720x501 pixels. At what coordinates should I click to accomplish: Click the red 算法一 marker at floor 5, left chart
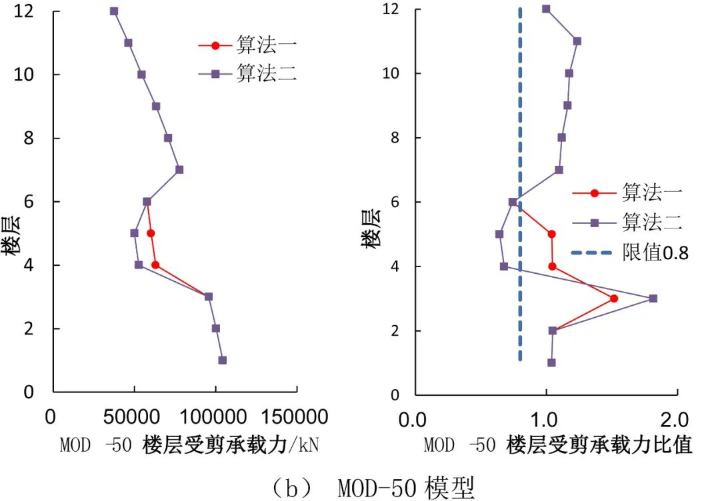point(151,233)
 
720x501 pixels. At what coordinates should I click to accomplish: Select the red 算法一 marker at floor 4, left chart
point(155,265)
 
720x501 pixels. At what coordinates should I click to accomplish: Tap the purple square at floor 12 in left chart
point(114,11)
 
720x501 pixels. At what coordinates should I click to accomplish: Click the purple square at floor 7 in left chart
point(179,170)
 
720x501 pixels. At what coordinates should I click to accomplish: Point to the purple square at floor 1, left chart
point(222,360)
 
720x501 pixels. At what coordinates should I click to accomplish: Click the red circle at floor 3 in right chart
point(614,298)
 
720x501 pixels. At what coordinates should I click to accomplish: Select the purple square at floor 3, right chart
point(653,298)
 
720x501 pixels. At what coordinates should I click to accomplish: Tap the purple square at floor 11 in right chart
point(577,41)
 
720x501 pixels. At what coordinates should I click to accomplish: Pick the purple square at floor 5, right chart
point(499,234)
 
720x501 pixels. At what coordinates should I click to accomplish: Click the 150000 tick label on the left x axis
point(294,418)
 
